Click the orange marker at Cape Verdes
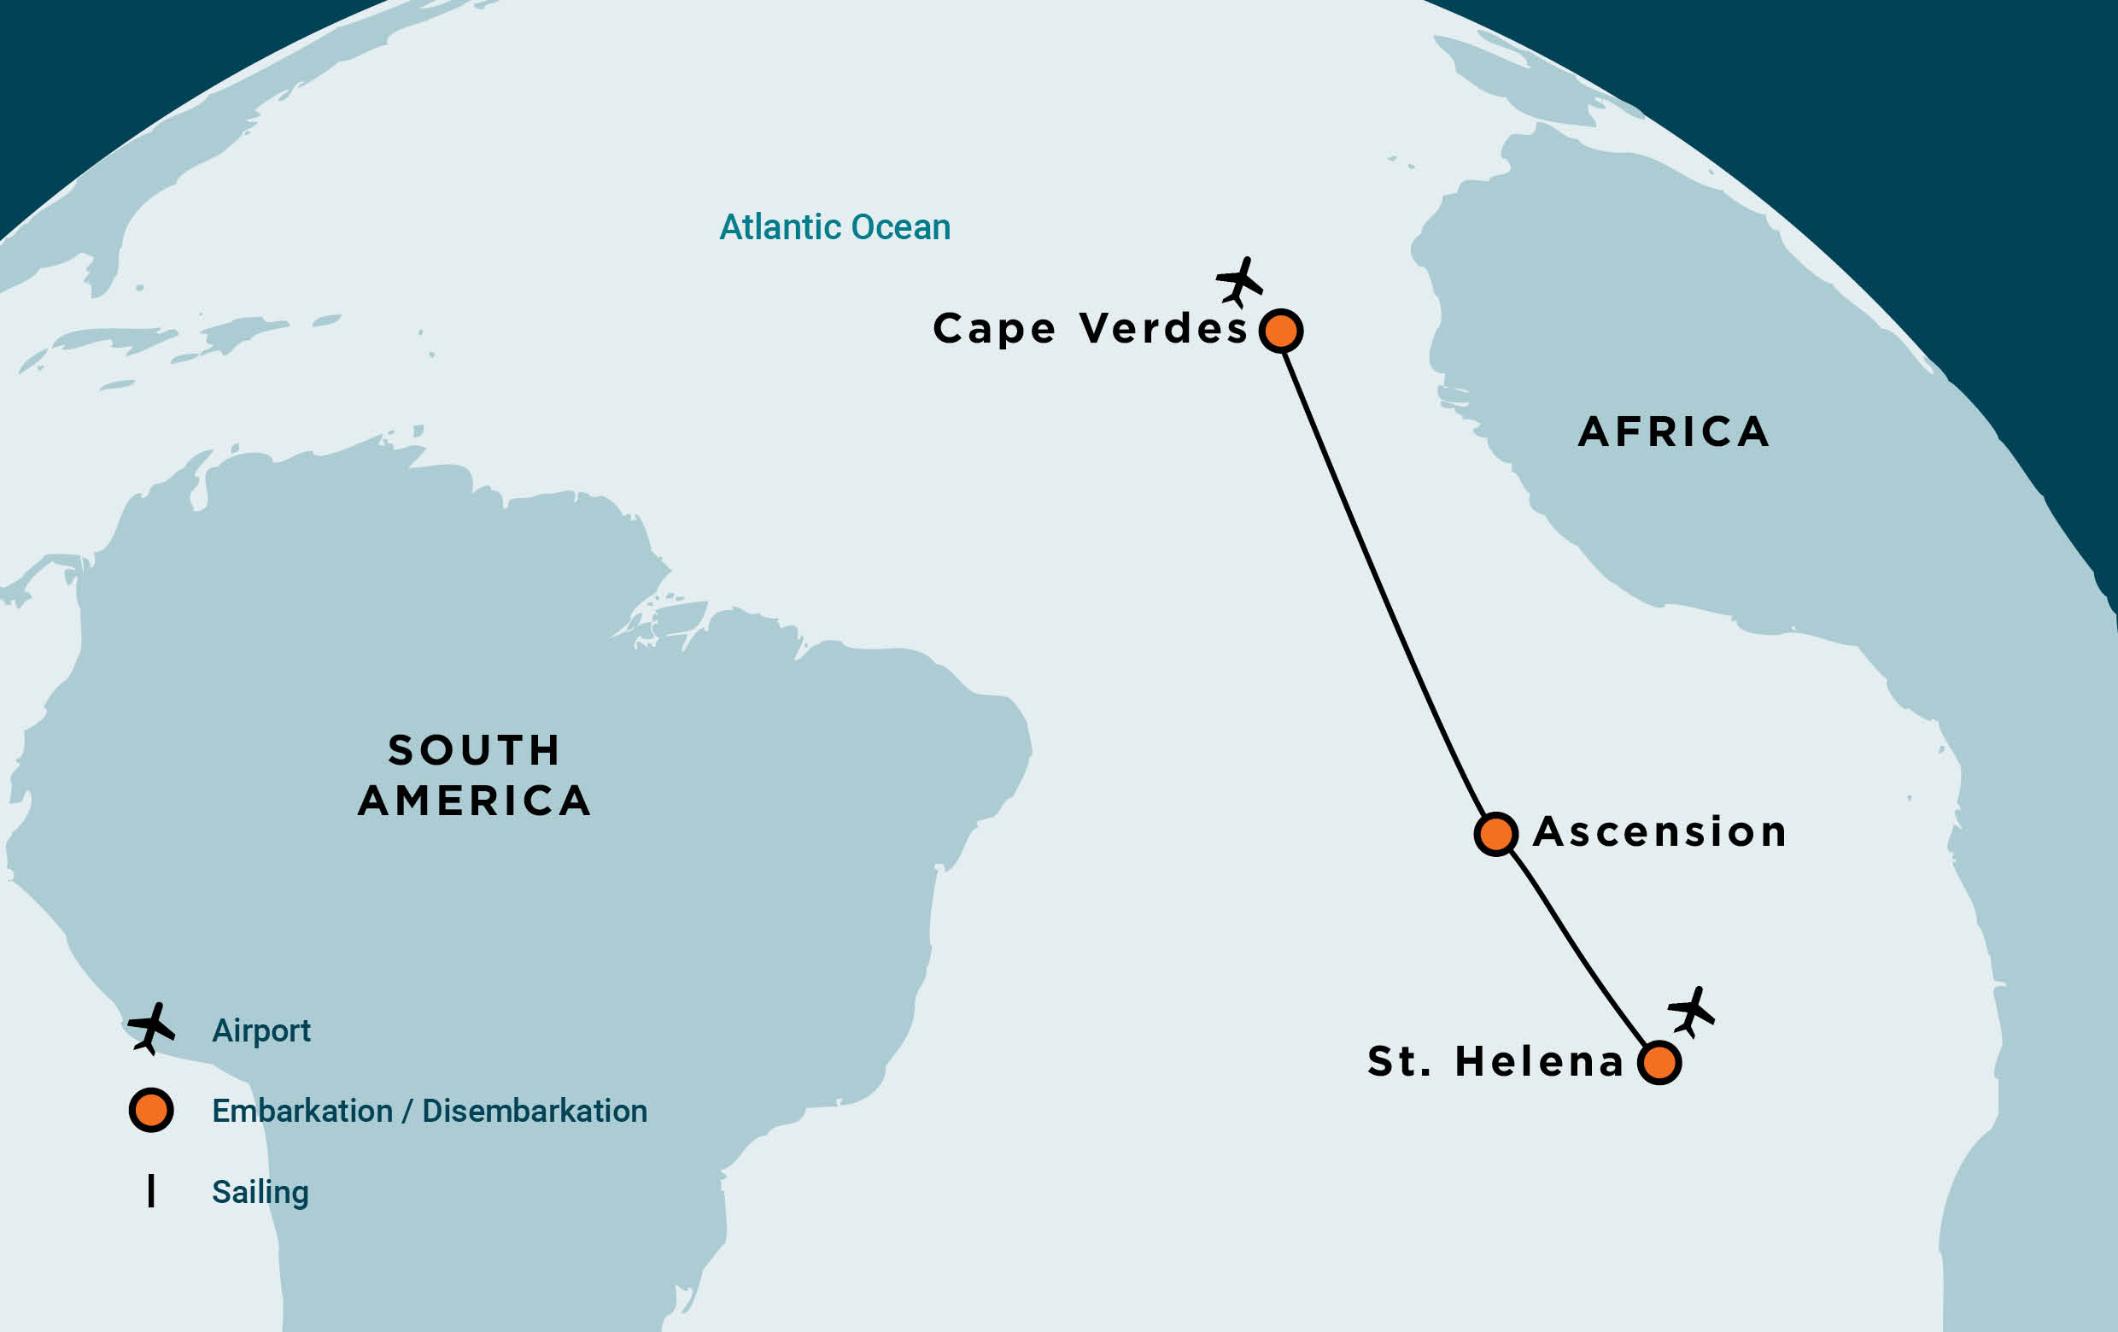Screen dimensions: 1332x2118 (1281, 331)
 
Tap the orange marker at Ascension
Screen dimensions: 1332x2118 (1496, 833)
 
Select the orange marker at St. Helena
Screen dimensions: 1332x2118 (1659, 1063)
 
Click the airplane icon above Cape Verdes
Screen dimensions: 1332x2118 (1239, 283)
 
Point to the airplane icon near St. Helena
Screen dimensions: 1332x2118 (1691, 1012)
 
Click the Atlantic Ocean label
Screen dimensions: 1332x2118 (834, 227)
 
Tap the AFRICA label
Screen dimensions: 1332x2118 (1674, 432)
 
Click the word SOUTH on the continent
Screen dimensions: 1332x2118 (474, 750)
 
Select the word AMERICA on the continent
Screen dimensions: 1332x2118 (474, 801)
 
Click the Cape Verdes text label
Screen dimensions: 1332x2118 (1090, 329)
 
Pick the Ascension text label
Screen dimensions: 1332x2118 (1659, 832)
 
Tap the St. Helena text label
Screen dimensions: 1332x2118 (1495, 1061)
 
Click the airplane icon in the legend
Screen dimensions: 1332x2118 (151, 1028)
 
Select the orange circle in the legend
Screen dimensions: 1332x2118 (151, 1111)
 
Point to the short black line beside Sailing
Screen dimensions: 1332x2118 (151, 1190)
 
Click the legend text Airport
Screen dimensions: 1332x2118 (261, 1030)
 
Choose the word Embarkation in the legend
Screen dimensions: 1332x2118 (301, 1112)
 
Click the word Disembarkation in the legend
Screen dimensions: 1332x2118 (535, 1112)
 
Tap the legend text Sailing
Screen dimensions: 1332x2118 (260, 1192)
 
